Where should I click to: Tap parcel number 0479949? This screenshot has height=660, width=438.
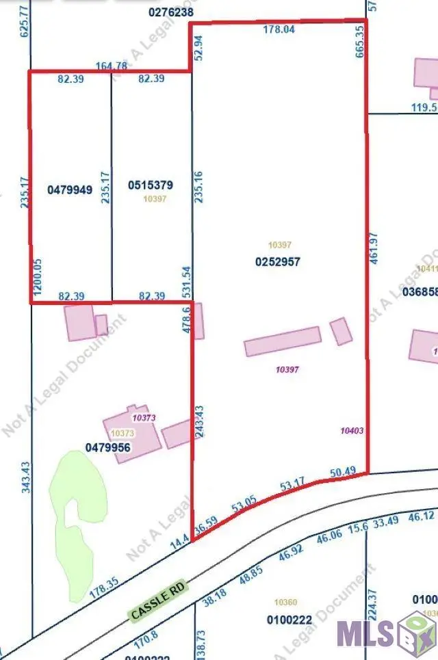point(69,189)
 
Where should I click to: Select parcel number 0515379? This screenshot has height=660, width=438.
point(151,185)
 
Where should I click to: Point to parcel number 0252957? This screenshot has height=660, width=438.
point(278,261)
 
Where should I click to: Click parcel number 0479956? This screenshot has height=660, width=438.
point(107,447)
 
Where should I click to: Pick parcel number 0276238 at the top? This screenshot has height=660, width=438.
point(170,12)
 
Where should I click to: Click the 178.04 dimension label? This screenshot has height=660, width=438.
point(279,29)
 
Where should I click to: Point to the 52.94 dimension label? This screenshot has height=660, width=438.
point(198,49)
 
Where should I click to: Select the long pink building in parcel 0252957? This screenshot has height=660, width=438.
point(283,341)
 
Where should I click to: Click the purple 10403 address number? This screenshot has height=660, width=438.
point(351,431)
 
